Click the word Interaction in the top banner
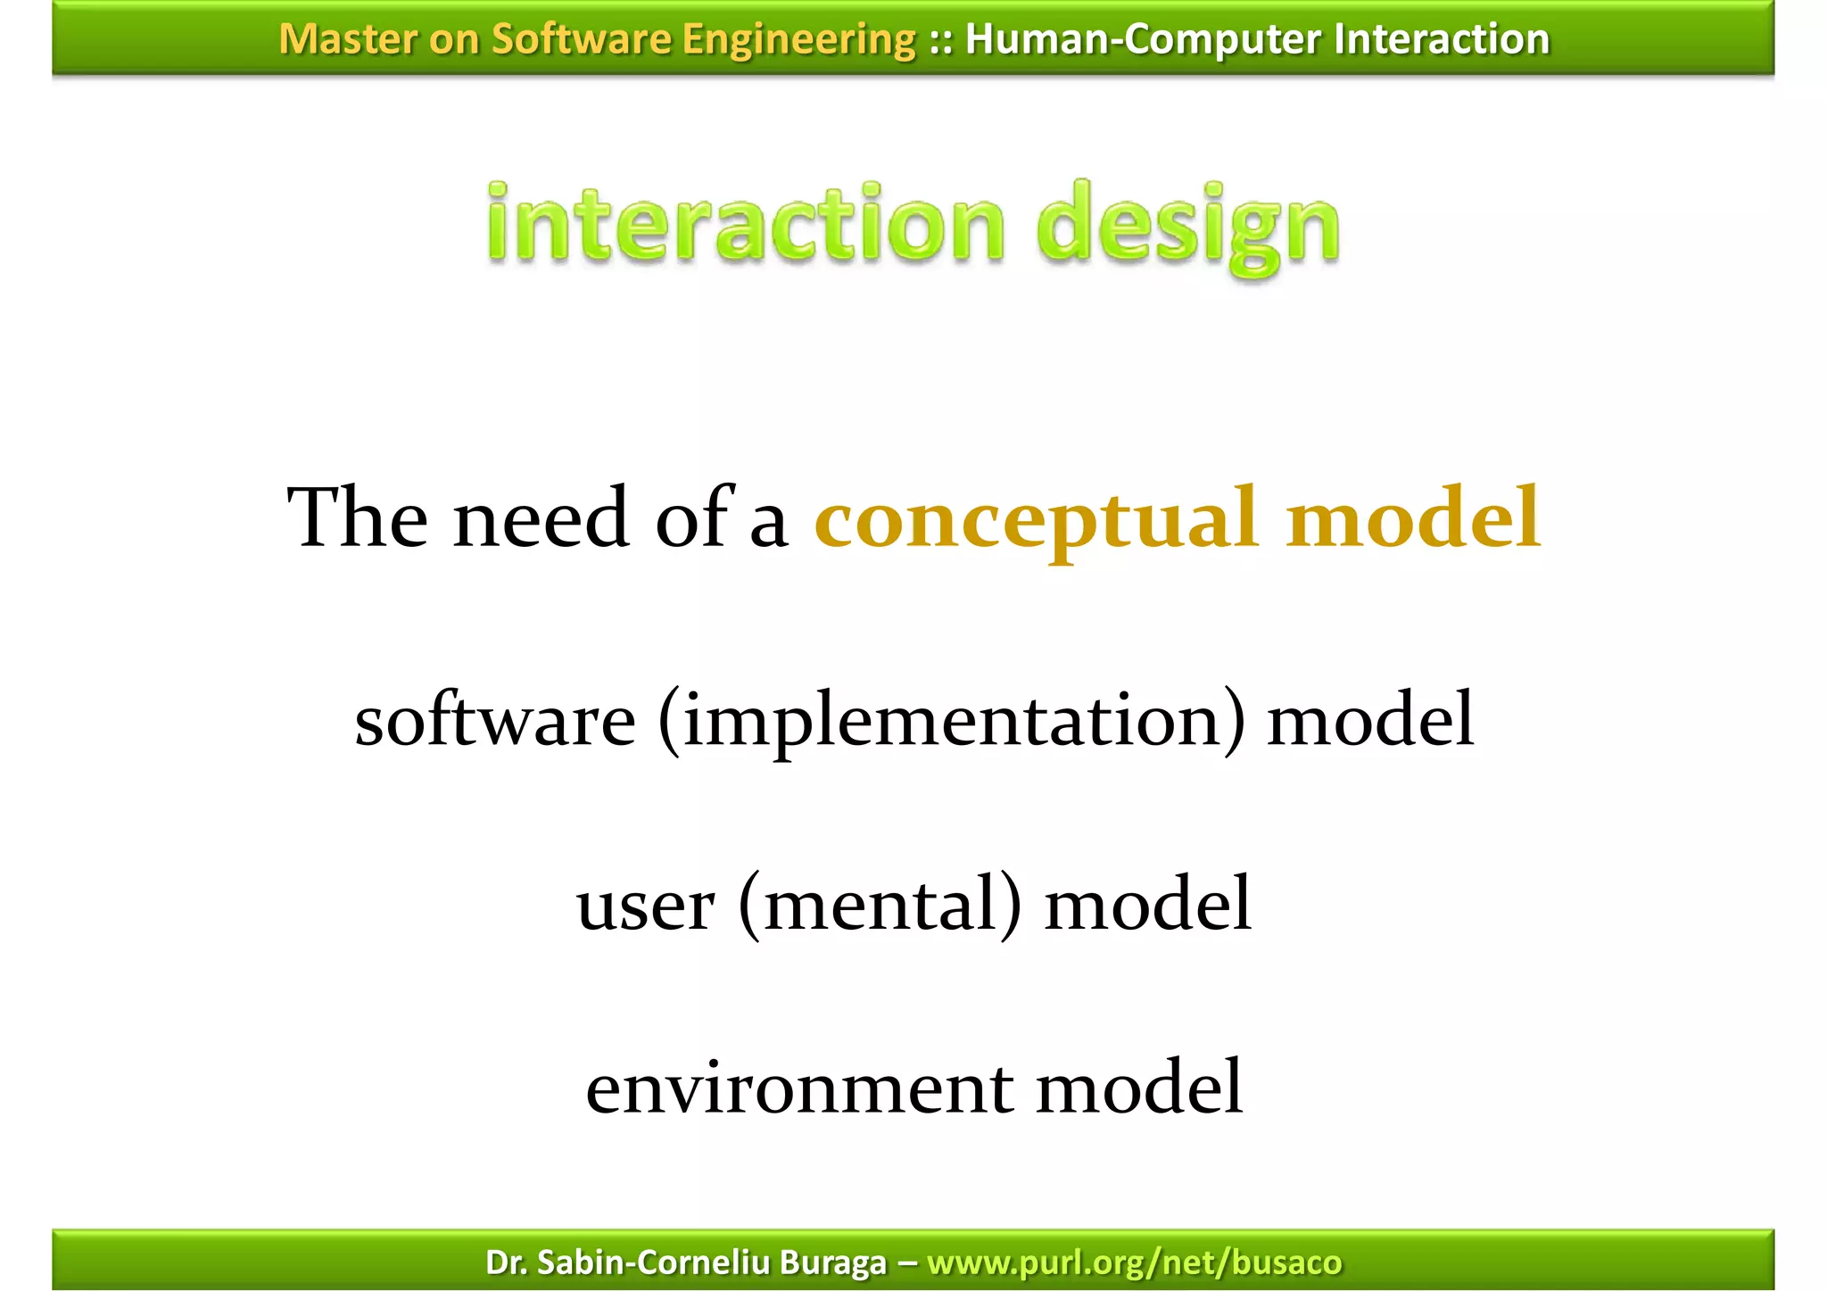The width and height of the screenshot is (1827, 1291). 1442,39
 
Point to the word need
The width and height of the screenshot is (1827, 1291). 541,518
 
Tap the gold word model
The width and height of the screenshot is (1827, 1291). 1413,518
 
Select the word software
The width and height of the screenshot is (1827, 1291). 495,721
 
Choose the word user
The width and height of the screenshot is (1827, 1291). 645,906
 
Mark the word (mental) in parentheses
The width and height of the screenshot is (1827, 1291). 880,906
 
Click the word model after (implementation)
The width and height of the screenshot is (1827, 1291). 1370,721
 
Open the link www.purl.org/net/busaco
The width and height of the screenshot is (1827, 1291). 1134,1262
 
